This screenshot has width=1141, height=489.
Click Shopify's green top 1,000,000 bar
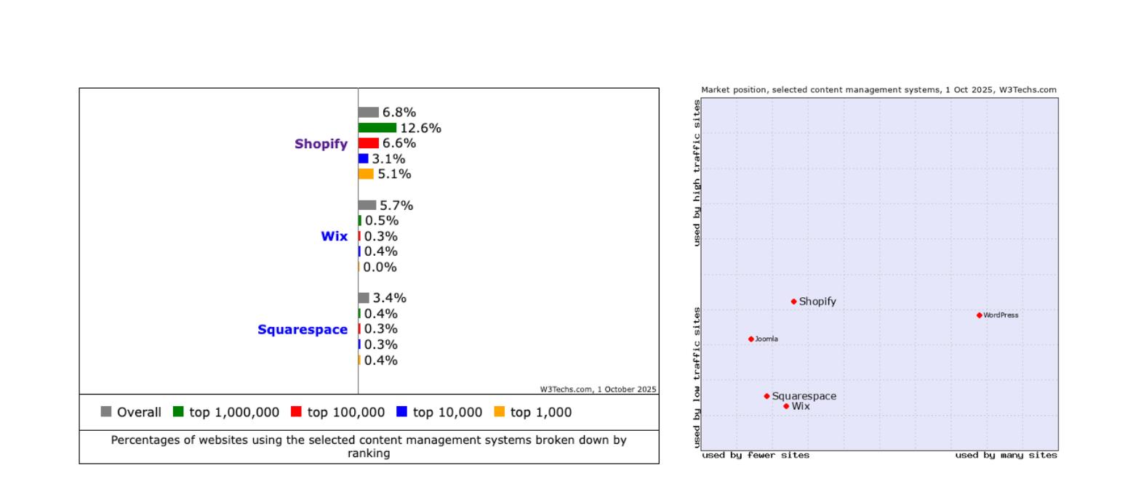coord(377,128)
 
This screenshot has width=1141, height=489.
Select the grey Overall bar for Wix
coord(367,205)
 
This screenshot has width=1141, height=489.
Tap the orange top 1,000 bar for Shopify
coord(366,174)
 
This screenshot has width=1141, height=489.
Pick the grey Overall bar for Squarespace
coord(364,298)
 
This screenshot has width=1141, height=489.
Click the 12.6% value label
coord(420,128)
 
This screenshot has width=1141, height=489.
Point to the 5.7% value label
coord(396,206)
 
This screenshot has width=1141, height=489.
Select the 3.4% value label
coord(389,298)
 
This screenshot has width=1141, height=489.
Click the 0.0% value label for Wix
coord(380,267)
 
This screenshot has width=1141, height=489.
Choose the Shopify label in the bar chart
coord(321,144)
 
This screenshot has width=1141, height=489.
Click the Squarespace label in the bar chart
coord(303,330)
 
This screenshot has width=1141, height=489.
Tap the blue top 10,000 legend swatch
coord(401,411)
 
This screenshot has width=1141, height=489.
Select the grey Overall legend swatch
coord(106,411)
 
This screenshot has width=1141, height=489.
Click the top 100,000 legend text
coord(345,412)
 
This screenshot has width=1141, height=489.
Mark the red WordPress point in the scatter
coord(979,315)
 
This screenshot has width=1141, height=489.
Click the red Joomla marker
coord(751,339)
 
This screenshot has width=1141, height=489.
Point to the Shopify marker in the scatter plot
coord(793,302)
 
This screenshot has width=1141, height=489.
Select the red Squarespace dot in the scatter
coord(766,396)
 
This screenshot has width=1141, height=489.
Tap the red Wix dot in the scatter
coord(786,406)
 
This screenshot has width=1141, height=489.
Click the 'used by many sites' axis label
coord(1006,456)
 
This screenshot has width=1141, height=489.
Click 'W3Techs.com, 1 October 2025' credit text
coord(598,389)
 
